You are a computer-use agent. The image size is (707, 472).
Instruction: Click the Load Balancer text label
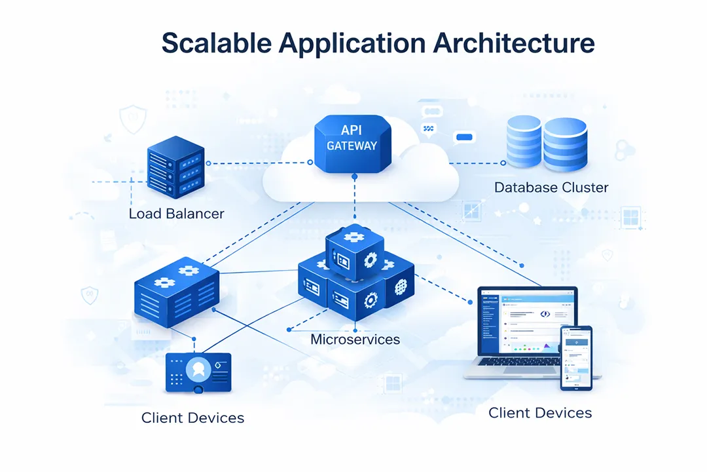pyautogui.click(x=176, y=214)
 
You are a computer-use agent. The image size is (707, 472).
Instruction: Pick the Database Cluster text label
pyautogui.click(x=551, y=187)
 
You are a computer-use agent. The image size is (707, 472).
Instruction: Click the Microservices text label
pyautogui.click(x=355, y=340)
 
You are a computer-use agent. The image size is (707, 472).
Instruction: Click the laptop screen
pyautogui.click(x=527, y=324)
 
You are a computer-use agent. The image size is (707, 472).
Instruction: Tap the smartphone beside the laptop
pyautogui.click(x=576, y=358)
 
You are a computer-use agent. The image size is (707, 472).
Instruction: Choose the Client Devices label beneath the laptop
pyautogui.click(x=540, y=413)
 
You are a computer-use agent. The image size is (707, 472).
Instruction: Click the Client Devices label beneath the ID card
pyautogui.click(x=192, y=418)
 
